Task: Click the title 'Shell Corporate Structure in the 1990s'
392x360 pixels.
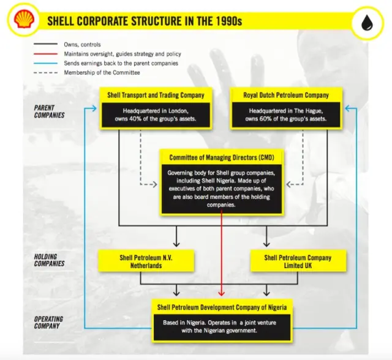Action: [145, 21]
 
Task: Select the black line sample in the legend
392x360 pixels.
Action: [46, 45]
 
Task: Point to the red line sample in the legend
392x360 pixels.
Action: [46, 54]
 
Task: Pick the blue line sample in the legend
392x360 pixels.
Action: [46, 63]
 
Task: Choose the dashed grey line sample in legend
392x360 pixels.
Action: [46, 72]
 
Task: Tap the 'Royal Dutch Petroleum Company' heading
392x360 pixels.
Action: [282, 95]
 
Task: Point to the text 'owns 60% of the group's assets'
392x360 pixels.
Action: [282, 119]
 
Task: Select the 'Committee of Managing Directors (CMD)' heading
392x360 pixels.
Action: [222, 157]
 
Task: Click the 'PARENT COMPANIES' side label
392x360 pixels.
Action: [48, 111]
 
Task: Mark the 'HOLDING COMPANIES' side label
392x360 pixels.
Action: [48, 260]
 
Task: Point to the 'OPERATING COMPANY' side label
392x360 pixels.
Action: [48, 323]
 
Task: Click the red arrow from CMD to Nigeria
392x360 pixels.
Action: [222, 257]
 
